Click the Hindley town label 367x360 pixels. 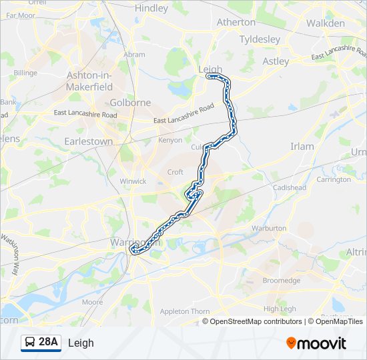[151, 9]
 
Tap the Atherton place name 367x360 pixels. [236, 22]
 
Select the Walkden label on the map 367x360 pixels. [326, 23]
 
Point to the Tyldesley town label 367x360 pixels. [260, 39]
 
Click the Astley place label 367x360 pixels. [276, 61]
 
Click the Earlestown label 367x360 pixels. [88, 141]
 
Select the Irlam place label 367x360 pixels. [302, 147]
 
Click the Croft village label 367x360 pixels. [175, 172]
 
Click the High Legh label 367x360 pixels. [280, 309]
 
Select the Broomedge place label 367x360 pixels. [282, 281]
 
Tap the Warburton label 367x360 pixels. [268, 229]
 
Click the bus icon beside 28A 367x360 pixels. [29, 343]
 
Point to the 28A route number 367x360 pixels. [49, 343]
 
